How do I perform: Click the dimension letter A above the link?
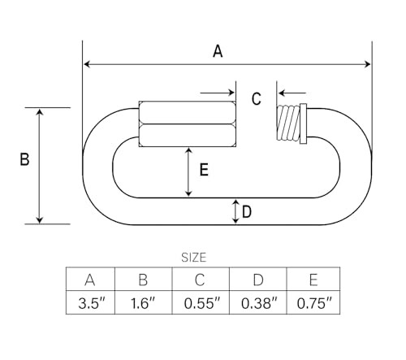[x=218, y=51]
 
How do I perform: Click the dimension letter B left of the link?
[x=24, y=159]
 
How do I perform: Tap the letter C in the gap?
[x=257, y=98]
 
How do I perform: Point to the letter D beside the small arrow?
[x=247, y=211]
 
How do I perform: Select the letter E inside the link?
[x=204, y=170]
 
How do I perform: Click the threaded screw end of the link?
[x=288, y=123]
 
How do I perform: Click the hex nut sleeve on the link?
[x=187, y=124]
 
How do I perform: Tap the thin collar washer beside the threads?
[x=304, y=124]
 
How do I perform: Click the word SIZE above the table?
[x=194, y=258]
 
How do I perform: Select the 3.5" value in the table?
[x=91, y=303]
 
